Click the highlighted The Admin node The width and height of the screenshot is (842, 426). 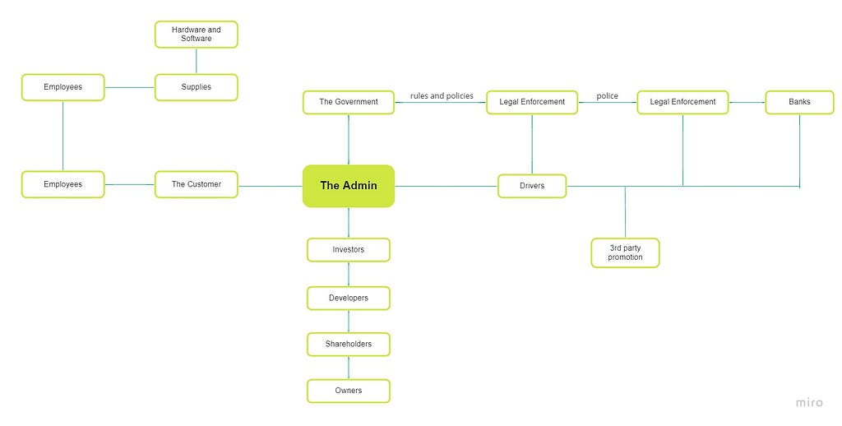tap(349, 186)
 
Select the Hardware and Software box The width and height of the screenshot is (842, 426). tap(196, 35)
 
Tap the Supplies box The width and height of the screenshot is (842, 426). tap(196, 87)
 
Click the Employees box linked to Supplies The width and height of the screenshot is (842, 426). tap(62, 87)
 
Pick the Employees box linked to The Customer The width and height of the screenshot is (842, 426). tap(62, 184)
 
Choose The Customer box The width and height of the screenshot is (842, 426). tap(196, 184)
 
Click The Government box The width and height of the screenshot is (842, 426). tap(349, 102)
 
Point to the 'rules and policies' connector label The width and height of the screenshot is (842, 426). tap(442, 96)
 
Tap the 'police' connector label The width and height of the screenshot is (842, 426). tap(608, 96)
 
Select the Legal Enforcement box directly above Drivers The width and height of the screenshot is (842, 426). tap(532, 102)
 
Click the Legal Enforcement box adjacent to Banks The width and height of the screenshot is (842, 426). tap(682, 102)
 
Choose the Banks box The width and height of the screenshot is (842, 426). tap(799, 102)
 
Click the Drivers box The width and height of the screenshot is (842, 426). tap(532, 186)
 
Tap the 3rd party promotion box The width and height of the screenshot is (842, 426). tap(625, 252)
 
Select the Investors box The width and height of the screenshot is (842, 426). tap(349, 250)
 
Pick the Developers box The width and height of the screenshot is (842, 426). tap(349, 299)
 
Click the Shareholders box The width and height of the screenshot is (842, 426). tap(349, 345)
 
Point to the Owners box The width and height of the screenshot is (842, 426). tap(349, 391)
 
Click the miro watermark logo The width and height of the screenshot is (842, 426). tap(809, 402)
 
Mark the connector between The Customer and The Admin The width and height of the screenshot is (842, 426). tap(270, 187)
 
